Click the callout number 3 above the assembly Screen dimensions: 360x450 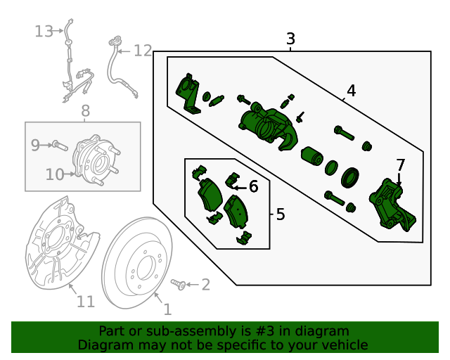coord(291,39)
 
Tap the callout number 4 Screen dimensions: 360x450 coord(351,91)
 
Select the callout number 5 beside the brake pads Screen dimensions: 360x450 coord(281,214)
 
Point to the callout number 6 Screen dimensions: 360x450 coord(253,186)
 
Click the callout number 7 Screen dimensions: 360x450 coord(400,165)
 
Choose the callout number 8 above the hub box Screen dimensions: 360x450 coord(85,110)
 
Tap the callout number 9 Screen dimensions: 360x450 coord(35,145)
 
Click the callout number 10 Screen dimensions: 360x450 coord(55,174)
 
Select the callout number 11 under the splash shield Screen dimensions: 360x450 coord(85,302)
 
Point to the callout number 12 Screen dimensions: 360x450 coord(143,50)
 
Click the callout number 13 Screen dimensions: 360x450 coord(44,31)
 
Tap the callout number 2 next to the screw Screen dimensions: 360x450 coord(205,284)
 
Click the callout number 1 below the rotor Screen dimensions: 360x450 coord(167,309)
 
